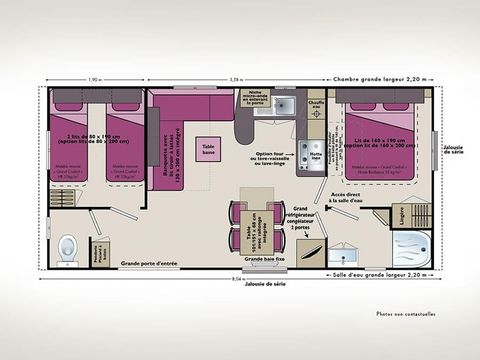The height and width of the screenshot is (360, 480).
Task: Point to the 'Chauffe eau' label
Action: coord(316,100)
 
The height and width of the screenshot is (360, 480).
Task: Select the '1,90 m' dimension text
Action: coord(95,79)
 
